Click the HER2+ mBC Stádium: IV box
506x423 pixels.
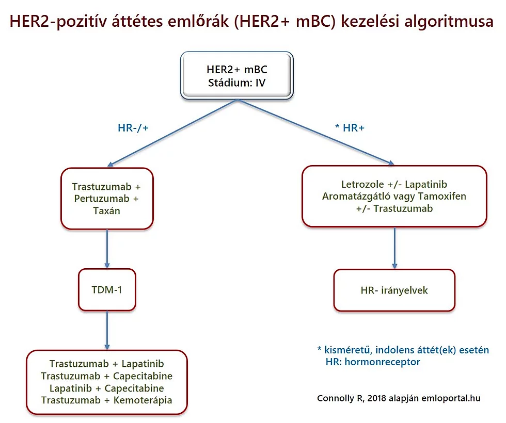pyautogui.click(x=236, y=75)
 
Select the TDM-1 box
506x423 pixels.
pyautogui.click(x=107, y=290)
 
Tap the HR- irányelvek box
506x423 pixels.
pyautogui.click(x=394, y=290)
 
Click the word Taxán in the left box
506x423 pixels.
pyautogui.click(x=107, y=210)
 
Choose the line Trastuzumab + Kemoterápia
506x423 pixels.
pyautogui.click(x=107, y=400)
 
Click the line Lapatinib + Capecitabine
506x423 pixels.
pyautogui.click(x=107, y=388)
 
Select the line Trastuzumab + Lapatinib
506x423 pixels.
pyautogui.click(x=107, y=364)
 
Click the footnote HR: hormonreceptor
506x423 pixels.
pyautogui.click(x=373, y=362)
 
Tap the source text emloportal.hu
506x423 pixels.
pyautogui.click(x=450, y=398)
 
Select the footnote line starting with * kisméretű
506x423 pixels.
pyautogui.click(x=403, y=350)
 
